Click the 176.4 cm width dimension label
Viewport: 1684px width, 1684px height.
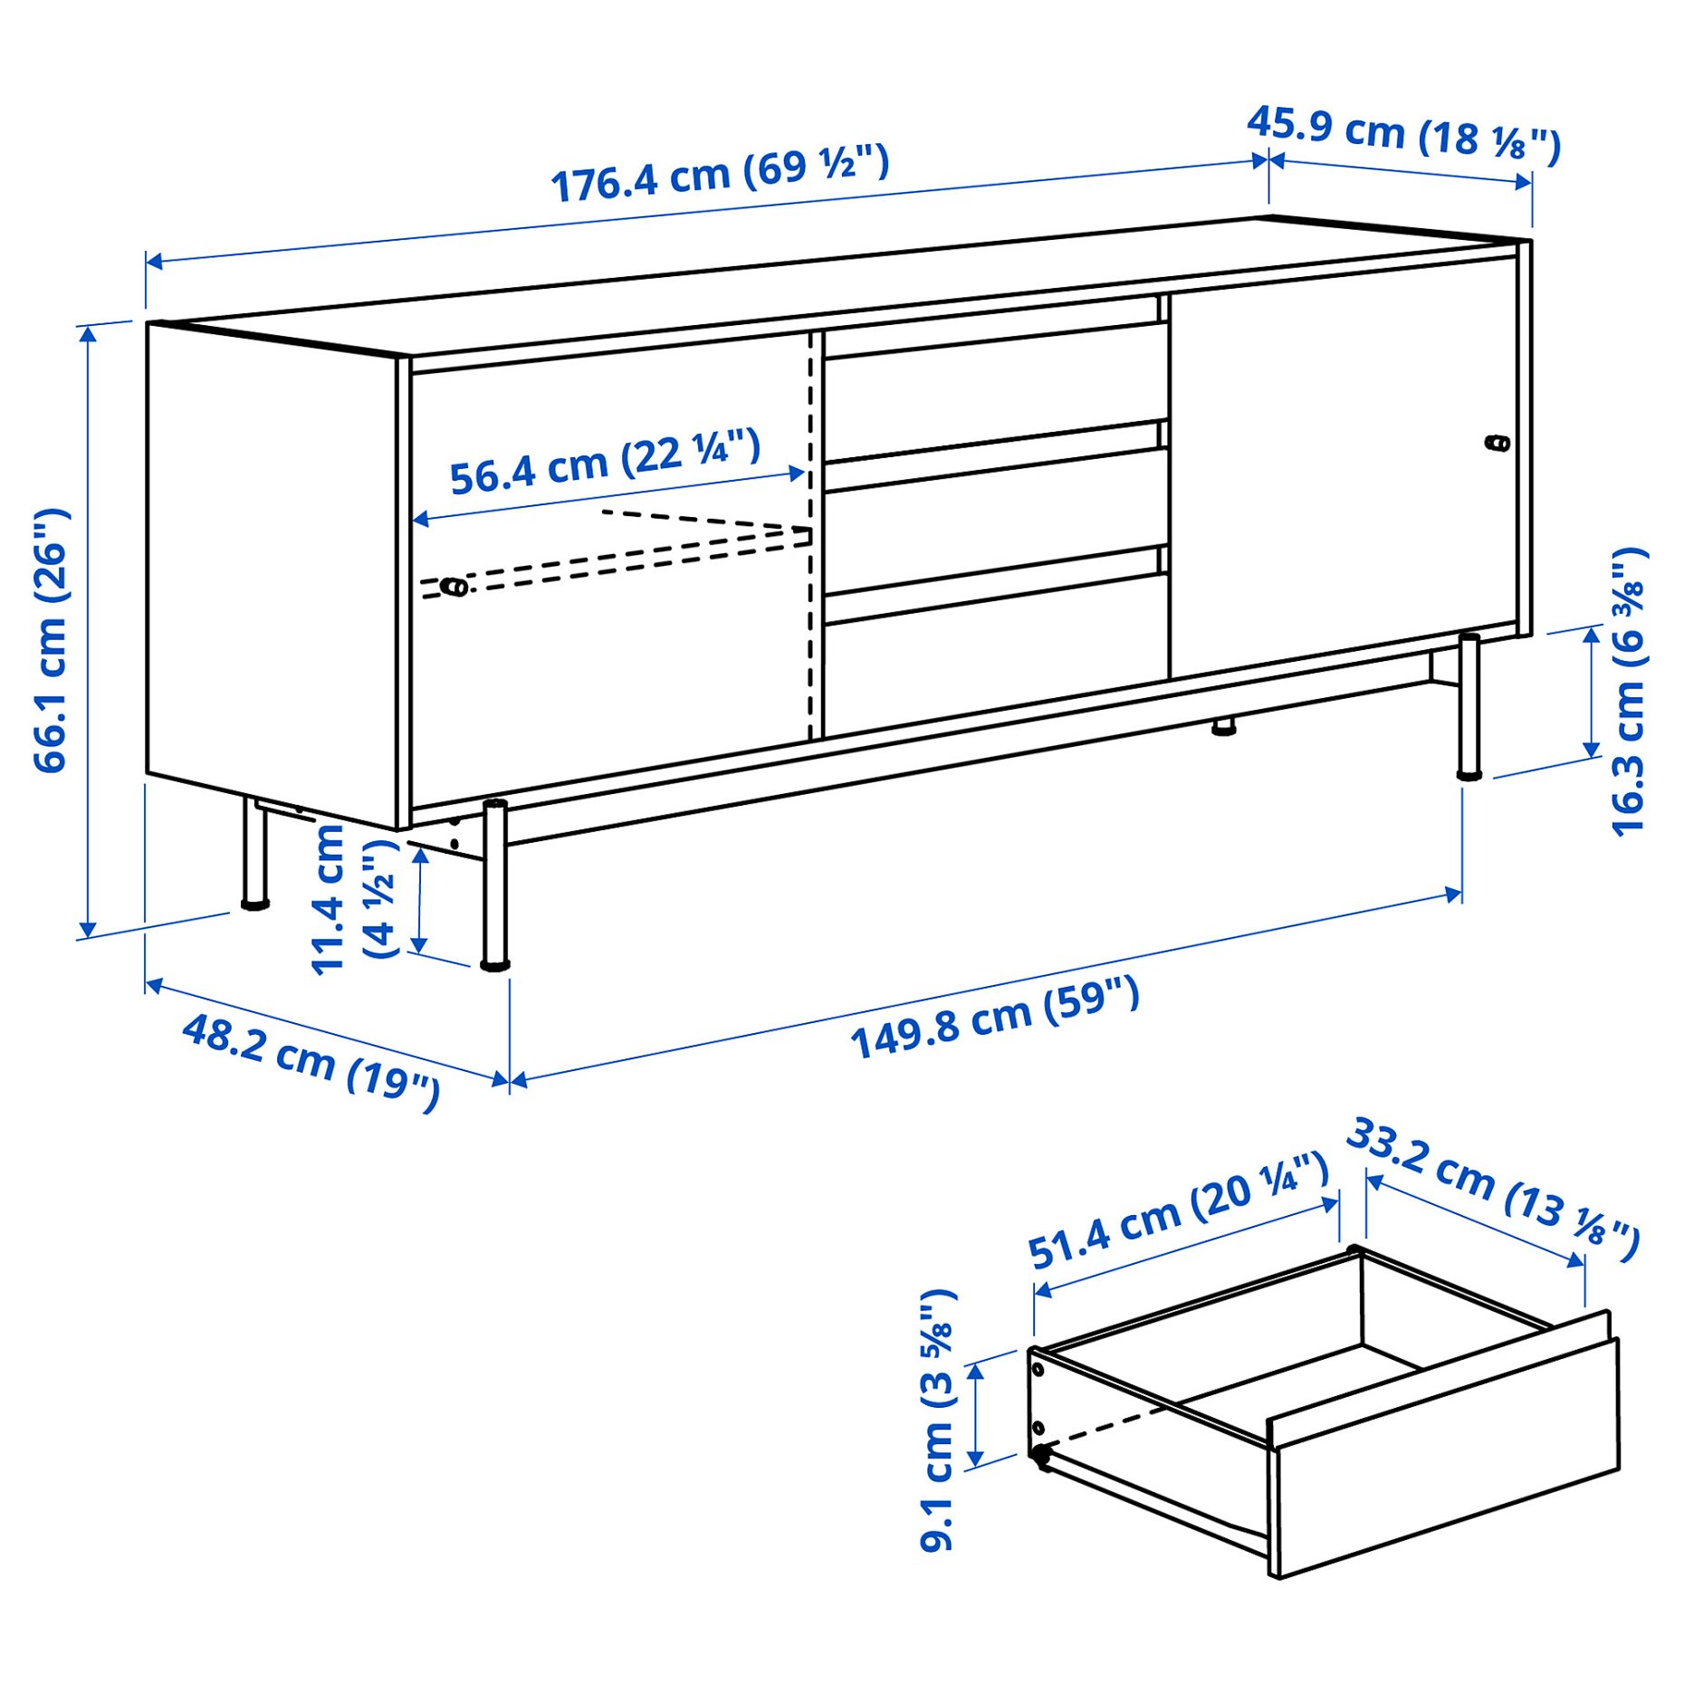pyautogui.click(x=720, y=174)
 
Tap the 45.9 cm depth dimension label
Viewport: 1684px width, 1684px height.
pyautogui.click(x=1403, y=136)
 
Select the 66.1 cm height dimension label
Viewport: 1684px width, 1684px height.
pyautogui.click(x=51, y=640)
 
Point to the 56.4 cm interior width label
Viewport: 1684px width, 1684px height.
pyautogui.click(x=605, y=464)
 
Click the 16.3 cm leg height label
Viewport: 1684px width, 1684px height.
pyautogui.click(x=1629, y=692)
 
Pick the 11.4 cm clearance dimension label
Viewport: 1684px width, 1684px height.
pyautogui.click(x=353, y=898)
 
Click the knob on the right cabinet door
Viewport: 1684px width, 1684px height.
pyautogui.click(x=1497, y=443)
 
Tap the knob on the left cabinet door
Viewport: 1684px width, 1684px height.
pyautogui.click(x=454, y=588)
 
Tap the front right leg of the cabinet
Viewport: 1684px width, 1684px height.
pyautogui.click(x=1469, y=706)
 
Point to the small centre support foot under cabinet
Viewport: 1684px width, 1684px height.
pyautogui.click(x=1224, y=725)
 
